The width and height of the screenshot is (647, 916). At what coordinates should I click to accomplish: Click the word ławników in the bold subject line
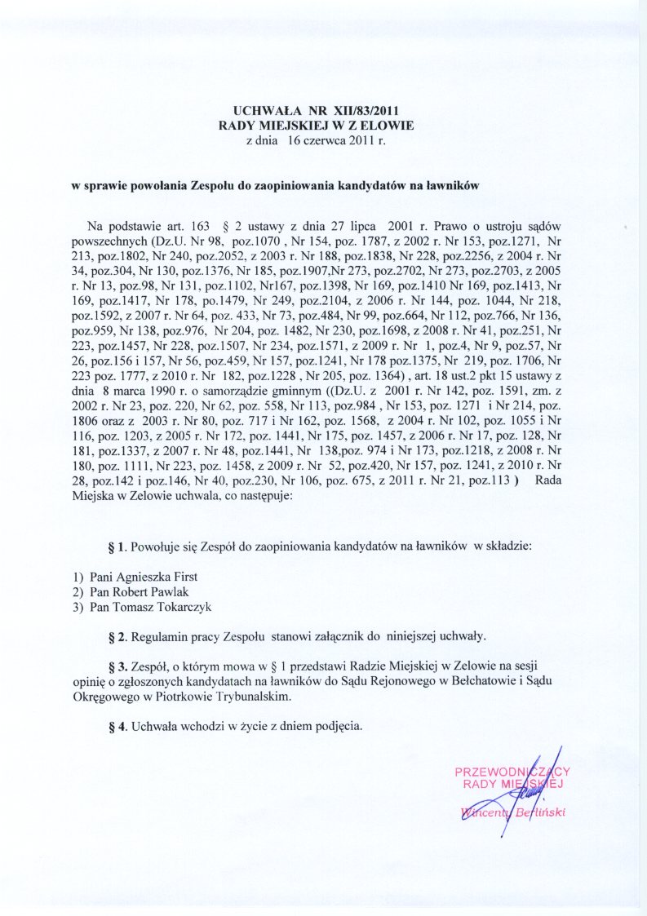point(450,185)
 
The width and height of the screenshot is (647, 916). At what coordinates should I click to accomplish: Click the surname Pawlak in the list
point(171,591)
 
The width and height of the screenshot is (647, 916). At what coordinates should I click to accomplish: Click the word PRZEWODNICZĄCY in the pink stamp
point(512,772)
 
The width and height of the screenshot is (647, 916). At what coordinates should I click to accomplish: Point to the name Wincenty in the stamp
point(485,812)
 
